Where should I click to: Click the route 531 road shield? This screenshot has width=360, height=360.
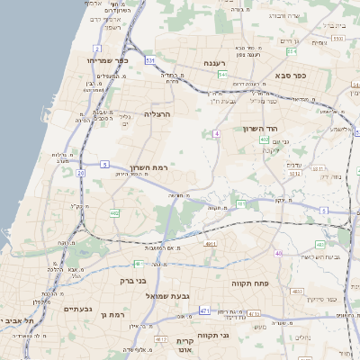click(x=149, y=61)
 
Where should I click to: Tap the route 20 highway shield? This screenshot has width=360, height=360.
click(x=80, y=172)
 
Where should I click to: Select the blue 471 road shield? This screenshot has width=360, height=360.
click(x=204, y=310)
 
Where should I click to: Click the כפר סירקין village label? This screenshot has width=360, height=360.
click(x=319, y=298)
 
